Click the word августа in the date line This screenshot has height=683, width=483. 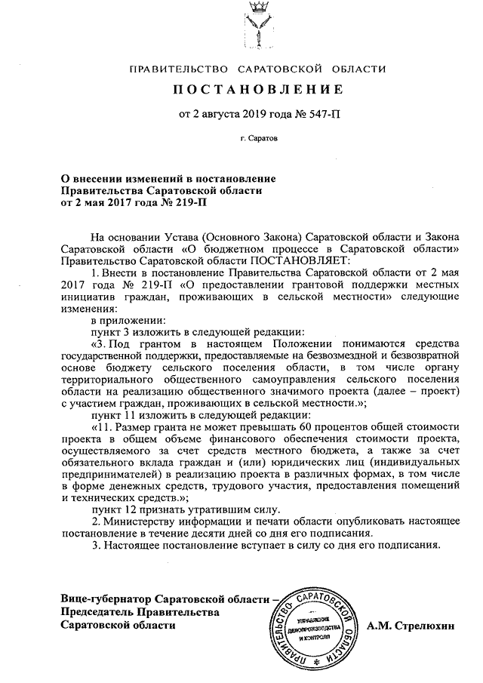click(217, 115)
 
